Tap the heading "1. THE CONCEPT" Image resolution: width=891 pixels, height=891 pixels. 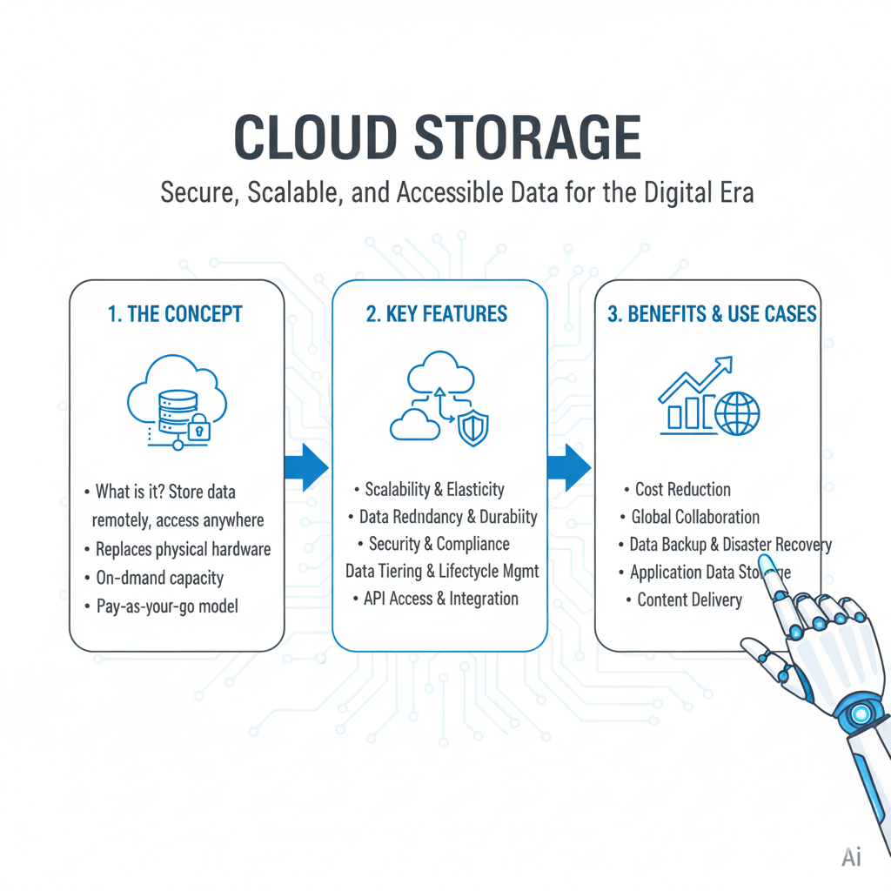tap(175, 314)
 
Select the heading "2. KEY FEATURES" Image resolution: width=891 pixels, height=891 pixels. tap(437, 314)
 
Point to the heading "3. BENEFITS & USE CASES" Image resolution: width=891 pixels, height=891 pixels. tap(712, 314)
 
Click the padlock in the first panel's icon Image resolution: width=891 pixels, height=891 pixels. tap(198, 426)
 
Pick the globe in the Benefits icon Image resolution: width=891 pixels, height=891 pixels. tap(737, 412)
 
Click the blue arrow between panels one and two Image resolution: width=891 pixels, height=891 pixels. tap(306, 468)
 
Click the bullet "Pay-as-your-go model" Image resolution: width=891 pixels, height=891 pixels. tap(167, 606)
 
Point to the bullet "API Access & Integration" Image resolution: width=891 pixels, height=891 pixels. tap(440, 599)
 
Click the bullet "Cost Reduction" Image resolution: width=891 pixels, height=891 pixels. tap(682, 489)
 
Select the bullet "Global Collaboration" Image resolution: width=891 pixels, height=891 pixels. tap(694, 517)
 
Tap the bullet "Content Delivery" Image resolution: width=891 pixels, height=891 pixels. tap(689, 600)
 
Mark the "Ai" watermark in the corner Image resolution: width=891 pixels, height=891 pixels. tap(851, 857)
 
